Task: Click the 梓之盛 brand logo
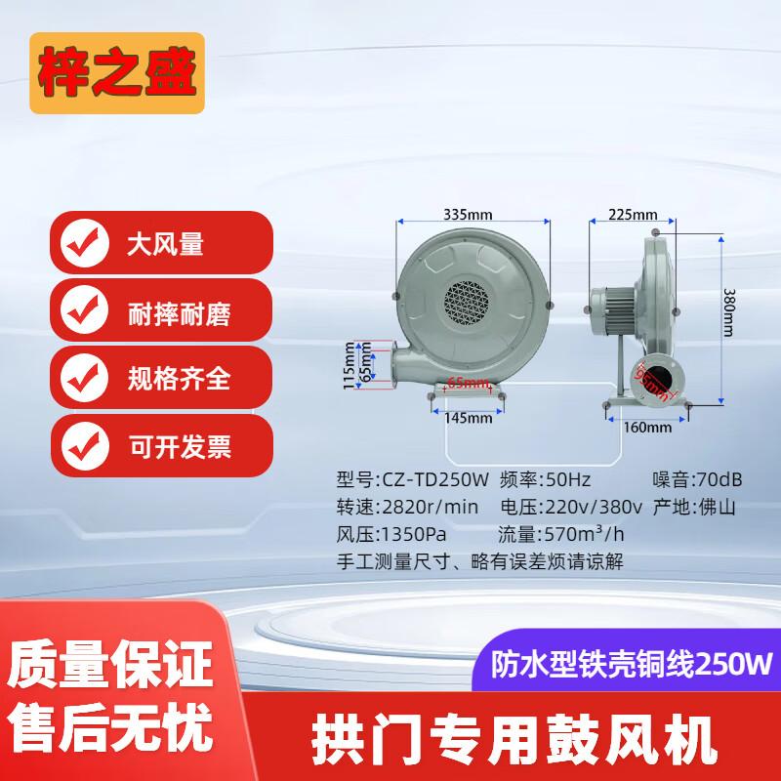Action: [117, 72]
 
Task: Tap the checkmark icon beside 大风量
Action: [84, 243]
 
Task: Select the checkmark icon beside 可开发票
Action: [85, 446]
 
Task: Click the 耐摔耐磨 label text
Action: [179, 313]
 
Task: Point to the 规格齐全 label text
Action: [179, 379]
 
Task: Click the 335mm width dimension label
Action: [468, 215]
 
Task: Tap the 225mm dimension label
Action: [633, 214]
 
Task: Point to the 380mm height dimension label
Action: [728, 312]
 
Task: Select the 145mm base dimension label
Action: [468, 418]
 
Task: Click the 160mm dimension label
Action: [647, 428]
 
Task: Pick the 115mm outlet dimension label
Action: [349, 365]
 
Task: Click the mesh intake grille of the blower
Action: [467, 303]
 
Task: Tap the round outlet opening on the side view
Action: [658, 379]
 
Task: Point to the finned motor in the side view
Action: [613, 308]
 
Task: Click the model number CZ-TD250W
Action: [435, 479]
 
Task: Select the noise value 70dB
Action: [719, 479]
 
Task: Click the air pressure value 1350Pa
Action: [414, 534]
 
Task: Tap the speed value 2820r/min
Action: [431, 507]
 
